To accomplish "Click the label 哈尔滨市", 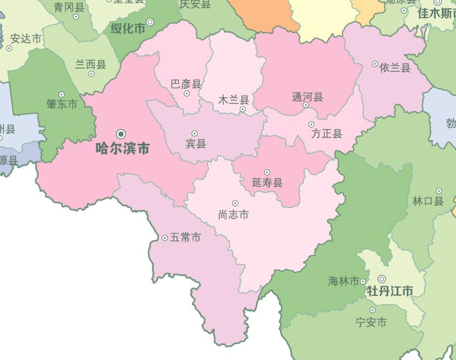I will coord(123,149).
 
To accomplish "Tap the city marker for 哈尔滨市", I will coord(121,134).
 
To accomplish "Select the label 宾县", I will coord(196,144).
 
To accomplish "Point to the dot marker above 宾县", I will coord(194,134).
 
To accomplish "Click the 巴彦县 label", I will coord(186,84).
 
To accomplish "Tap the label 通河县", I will coord(308,97).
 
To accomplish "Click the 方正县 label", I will coord(327,134).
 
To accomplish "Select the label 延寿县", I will coord(267,183).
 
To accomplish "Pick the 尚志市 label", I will coord(233,215).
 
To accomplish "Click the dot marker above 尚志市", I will coord(235,203).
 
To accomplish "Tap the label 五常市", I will coord(185,238).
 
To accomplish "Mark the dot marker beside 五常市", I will coord(165,238).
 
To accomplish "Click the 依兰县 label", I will coord(395,68).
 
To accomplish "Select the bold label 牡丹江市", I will coord(390,291).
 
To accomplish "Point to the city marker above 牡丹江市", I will coord(382,279).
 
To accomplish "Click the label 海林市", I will coord(343,282).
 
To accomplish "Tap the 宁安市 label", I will coord(371,323).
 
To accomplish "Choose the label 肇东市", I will coord(62,104).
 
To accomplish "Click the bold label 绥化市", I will coord(128,28).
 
